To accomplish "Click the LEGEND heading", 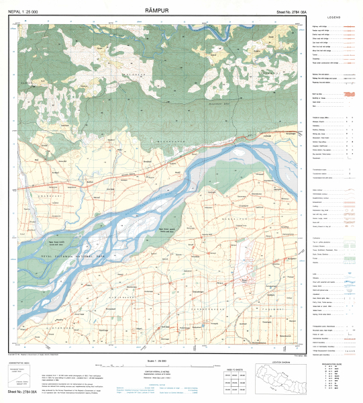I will [333, 17].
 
